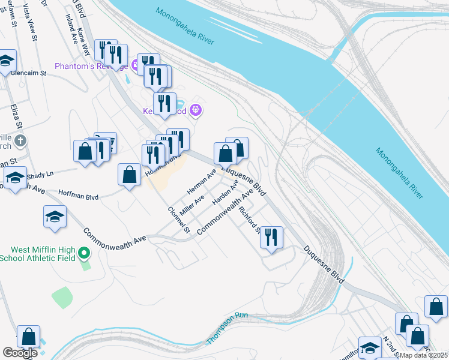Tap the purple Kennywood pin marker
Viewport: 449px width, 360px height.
pos(194,110)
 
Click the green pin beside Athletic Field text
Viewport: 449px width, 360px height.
pos(84,254)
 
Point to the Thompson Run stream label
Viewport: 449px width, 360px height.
pos(227,328)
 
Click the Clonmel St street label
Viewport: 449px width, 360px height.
pos(179,221)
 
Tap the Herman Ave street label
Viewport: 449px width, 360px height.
pos(201,181)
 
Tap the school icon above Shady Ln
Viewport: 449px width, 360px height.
pos(16,177)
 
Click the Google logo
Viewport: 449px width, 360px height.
pos(20,353)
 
